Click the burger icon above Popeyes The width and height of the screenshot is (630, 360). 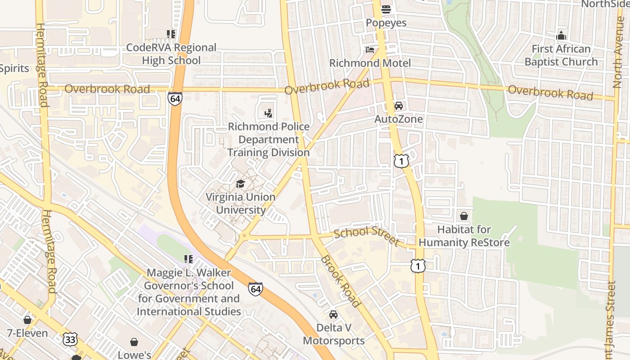[386, 9]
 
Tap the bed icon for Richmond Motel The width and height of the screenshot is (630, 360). [369, 49]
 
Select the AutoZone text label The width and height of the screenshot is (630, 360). [399, 119]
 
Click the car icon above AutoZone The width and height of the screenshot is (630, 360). [398, 106]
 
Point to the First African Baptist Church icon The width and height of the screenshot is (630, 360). [561, 35]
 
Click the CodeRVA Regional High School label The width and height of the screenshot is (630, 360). [171, 54]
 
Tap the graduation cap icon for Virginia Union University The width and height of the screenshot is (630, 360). [240, 184]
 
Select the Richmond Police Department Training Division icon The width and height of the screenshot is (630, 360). [269, 113]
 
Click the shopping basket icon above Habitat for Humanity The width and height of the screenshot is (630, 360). [464, 216]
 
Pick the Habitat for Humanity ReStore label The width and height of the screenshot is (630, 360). [464, 236]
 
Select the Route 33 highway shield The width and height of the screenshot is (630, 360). [70, 339]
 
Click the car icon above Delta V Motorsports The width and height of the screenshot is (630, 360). [333, 314]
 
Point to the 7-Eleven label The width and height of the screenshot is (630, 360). [27, 333]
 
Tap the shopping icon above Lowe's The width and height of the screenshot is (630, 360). [134, 342]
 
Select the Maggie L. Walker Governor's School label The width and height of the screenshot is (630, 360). [189, 292]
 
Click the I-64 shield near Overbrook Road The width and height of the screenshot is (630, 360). [175, 99]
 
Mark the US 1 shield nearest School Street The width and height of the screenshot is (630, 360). [418, 265]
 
